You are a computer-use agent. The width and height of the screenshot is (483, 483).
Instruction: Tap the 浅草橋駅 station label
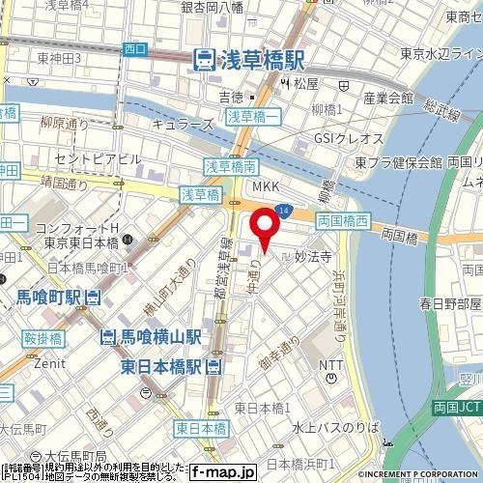249,60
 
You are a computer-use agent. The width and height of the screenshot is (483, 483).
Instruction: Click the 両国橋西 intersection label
343,220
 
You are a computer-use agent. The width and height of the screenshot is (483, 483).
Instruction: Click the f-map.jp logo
221,473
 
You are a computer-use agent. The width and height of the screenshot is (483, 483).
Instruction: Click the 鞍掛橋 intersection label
43,338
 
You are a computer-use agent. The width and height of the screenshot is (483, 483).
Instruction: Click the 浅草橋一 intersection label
253,117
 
